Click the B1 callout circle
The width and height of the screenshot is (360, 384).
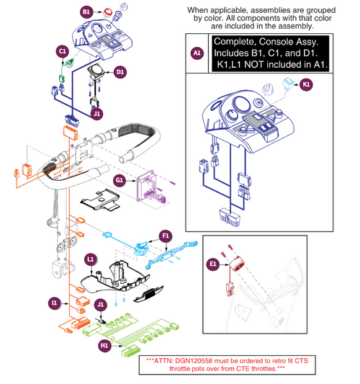point(86,12)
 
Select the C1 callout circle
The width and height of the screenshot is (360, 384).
point(63,52)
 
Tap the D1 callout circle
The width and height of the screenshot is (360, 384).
point(120,71)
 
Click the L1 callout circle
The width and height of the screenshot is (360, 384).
point(90,258)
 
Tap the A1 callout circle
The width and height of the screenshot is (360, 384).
point(197,53)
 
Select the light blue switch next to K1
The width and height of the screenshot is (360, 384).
point(289,84)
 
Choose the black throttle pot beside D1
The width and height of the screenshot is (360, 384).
point(96,73)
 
